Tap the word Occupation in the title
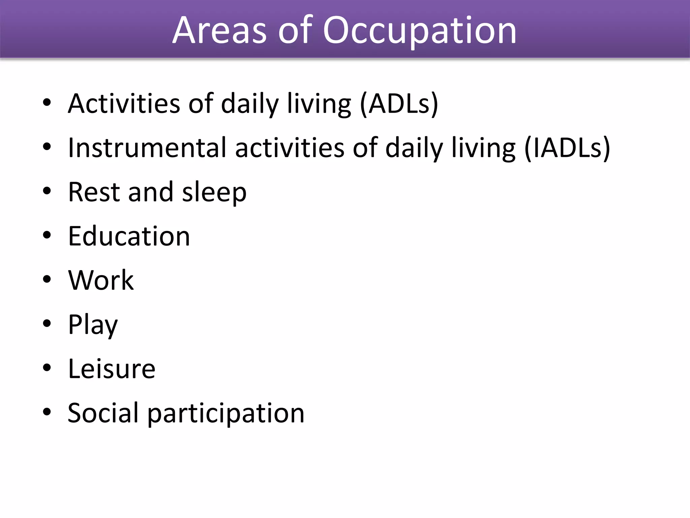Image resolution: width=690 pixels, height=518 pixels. point(419,31)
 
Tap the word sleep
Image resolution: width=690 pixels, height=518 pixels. point(214,192)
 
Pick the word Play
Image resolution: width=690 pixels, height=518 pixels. point(93,325)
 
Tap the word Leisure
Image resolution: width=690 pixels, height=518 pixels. point(112,369)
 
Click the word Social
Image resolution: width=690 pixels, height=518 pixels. point(103,413)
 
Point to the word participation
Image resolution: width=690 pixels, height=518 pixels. point(226,413)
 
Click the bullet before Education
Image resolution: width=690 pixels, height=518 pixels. point(47,235)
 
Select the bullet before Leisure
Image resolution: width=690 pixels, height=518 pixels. point(47,368)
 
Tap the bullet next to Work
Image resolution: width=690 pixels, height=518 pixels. point(47,279)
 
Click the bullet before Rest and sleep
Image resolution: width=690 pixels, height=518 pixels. point(47,191)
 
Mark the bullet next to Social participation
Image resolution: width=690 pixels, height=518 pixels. point(47,412)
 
